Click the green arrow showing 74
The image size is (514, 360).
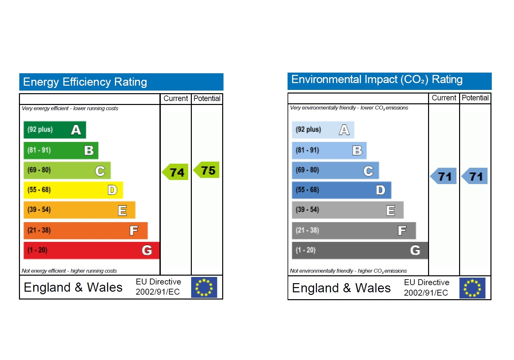click(x=176, y=172)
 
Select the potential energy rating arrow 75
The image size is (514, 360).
click(x=207, y=170)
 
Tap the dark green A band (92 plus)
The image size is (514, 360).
click(x=55, y=130)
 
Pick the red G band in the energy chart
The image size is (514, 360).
click(x=91, y=250)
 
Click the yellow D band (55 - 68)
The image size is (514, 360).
click(x=73, y=190)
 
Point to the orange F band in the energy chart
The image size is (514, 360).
click(x=85, y=231)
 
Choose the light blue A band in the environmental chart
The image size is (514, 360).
click(x=323, y=130)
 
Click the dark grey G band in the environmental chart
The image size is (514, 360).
click(x=359, y=250)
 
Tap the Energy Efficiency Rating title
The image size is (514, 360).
click(x=85, y=82)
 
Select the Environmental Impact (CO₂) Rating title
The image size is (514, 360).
click(x=377, y=79)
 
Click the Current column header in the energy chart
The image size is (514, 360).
click(x=175, y=98)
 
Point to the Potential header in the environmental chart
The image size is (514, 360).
click(x=475, y=98)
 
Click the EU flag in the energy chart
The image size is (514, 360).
click(x=204, y=287)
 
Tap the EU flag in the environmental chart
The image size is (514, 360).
click(x=472, y=288)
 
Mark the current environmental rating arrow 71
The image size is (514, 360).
click(x=444, y=176)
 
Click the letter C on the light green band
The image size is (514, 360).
click(x=100, y=171)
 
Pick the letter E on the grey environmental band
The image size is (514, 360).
click(x=390, y=210)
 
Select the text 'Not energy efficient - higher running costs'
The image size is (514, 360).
click(x=69, y=271)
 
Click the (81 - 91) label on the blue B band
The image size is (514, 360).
click(x=307, y=150)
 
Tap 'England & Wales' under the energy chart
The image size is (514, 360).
click(x=73, y=287)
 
